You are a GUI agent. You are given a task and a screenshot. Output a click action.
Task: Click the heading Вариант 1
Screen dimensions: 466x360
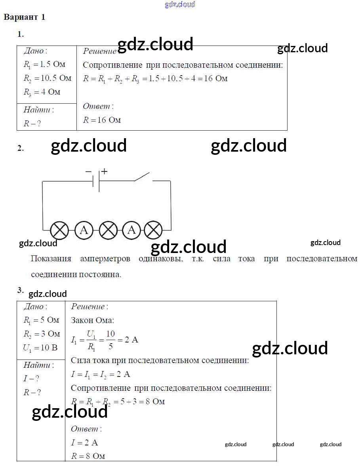coord(25,17)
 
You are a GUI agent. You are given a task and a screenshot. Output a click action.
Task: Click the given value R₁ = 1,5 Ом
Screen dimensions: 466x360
coord(44,64)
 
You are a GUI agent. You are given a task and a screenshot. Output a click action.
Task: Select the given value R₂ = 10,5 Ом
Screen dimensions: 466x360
coord(47,78)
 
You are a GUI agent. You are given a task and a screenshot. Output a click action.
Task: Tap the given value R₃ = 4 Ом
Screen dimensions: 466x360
coord(42,92)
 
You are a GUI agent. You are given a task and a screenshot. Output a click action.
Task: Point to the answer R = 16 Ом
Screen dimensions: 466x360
coord(102,120)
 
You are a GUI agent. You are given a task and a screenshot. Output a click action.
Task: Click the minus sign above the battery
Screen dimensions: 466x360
coord(88,171)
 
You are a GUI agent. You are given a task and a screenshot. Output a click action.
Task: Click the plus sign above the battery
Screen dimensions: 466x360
coord(104,171)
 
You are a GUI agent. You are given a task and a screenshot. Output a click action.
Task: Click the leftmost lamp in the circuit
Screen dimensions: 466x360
coord(60,230)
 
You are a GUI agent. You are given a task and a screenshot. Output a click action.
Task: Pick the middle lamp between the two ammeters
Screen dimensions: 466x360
coord(108,230)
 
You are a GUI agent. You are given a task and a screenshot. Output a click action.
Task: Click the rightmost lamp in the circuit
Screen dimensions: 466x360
coord(153,230)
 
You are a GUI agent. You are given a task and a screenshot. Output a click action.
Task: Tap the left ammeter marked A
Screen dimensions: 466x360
coord(84,230)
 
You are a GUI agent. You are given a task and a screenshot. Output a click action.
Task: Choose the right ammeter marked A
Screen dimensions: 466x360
coord(132,230)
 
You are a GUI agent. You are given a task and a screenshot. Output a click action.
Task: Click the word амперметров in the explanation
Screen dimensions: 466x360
coord(105,259)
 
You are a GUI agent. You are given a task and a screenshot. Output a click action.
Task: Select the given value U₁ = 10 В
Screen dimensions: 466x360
coord(40,348)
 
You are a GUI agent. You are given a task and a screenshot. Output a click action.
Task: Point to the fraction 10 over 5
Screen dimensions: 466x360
coord(110,340)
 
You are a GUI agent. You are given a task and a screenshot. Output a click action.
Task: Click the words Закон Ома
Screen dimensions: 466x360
coord(92,320)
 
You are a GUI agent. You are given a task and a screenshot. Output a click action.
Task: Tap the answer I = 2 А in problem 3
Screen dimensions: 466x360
coord(84,442)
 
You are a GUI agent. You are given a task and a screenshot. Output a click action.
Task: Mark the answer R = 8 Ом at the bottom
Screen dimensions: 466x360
coord(88,456)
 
